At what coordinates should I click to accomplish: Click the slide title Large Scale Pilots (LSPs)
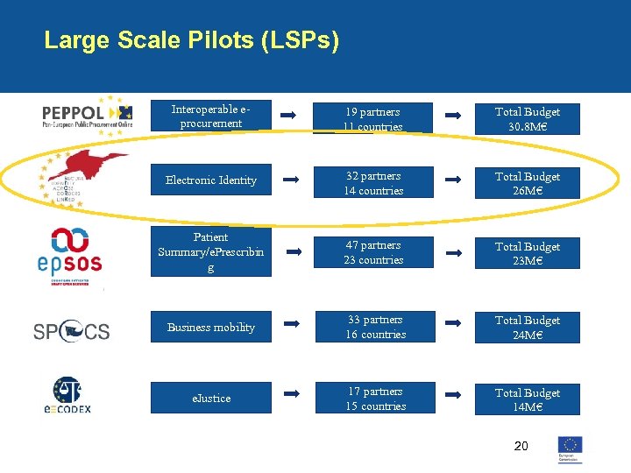[x=191, y=40]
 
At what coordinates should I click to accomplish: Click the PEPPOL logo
[x=88, y=114]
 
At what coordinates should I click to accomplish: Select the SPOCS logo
[x=72, y=331]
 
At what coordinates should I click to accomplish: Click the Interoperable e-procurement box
[x=210, y=117]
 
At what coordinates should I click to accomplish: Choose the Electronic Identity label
[x=211, y=180]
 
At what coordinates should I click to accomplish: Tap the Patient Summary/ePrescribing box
[x=211, y=252]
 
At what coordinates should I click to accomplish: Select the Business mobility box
[x=211, y=328]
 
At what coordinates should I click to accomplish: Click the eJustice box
[x=211, y=399]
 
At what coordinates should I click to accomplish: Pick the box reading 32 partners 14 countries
[x=374, y=184]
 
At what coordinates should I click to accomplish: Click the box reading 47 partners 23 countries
[x=374, y=253]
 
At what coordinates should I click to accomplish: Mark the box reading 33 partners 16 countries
[x=375, y=328]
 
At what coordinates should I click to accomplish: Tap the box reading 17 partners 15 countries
[x=375, y=399]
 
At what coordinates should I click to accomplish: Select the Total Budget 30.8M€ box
[x=527, y=119]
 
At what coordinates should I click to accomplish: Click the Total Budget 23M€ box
[x=527, y=254]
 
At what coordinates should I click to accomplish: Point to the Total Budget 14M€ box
[x=527, y=400]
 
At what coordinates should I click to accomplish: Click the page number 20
[x=521, y=447]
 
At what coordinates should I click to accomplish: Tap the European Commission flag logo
[x=571, y=448]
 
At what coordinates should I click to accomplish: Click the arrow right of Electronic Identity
[x=292, y=179]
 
